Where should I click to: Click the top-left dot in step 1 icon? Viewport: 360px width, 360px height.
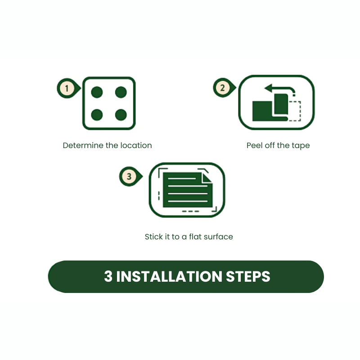point(97,92)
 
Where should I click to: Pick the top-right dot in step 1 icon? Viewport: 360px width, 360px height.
point(121,92)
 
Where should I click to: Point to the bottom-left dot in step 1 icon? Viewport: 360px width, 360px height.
point(97,115)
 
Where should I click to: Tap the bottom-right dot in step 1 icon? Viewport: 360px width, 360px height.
point(121,115)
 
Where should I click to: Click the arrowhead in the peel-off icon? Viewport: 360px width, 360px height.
point(268,88)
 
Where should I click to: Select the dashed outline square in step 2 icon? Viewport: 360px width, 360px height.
point(294,111)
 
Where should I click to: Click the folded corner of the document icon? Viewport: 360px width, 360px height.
point(207,178)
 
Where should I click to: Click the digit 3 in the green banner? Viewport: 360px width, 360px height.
point(108,276)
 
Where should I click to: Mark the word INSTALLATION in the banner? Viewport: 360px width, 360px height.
point(169,276)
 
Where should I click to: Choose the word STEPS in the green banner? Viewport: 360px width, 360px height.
point(248,276)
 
